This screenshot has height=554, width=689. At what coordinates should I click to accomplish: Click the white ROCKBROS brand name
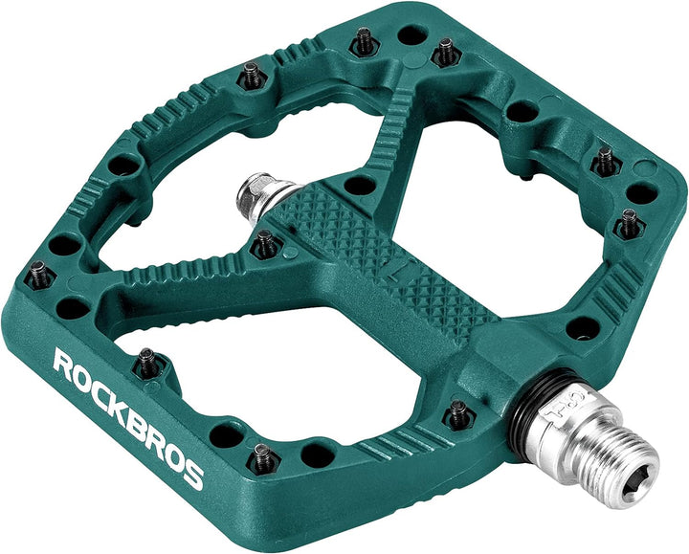[x=128, y=417]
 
